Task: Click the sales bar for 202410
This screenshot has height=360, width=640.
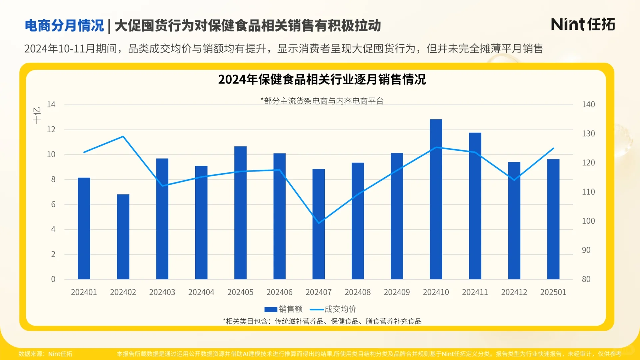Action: tap(436, 200)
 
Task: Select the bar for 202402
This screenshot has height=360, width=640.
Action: tap(123, 237)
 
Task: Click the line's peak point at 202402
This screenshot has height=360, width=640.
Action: tap(123, 136)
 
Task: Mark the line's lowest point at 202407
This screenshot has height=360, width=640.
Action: tap(319, 223)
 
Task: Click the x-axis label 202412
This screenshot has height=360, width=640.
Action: tap(514, 292)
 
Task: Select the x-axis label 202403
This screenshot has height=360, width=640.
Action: tap(162, 292)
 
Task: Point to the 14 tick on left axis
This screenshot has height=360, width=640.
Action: tap(51, 105)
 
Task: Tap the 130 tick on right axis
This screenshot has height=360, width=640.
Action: tap(588, 134)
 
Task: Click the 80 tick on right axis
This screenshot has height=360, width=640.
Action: tap(586, 279)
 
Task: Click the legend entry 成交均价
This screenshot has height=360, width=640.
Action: tap(333, 309)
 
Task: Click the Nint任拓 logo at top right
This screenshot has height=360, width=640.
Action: tap(583, 25)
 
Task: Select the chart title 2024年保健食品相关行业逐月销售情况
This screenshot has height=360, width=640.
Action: tap(322, 80)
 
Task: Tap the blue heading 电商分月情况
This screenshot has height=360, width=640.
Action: tap(64, 26)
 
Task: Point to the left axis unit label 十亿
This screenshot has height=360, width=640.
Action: tap(37, 115)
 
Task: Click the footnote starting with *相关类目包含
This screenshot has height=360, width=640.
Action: tap(322, 321)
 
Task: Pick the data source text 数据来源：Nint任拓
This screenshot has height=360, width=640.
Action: tap(45, 354)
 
